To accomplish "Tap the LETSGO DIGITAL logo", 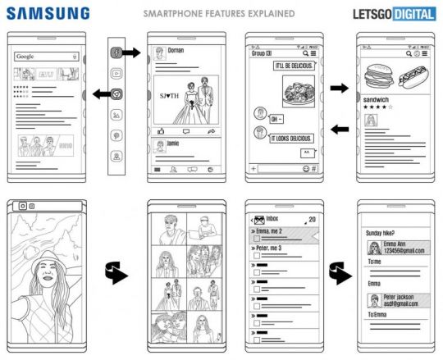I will pos(392,13).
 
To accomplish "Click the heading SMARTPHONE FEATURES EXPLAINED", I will pos(220,14).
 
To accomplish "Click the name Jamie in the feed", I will pos(174,143).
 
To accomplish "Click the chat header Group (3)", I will pos(263,53).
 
